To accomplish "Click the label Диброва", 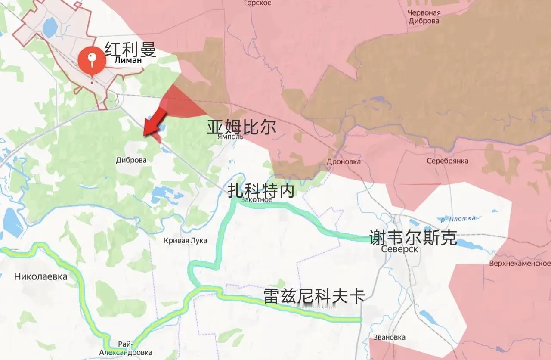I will (x=131, y=160).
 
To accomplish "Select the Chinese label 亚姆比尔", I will (x=241, y=127).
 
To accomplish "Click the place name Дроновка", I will (x=344, y=162).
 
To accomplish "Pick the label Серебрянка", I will (x=447, y=161).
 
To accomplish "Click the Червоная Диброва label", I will (x=424, y=17).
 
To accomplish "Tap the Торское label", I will (x=257, y=3).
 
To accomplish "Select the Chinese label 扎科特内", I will (x=261, y=189).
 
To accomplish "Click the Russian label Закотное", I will (x=257, y=199).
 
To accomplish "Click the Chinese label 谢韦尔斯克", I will (x=413, y=237).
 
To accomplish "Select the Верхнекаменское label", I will (x=520, y=263).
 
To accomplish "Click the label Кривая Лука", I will (x=186, y=241).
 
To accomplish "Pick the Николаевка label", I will (x=41, y=276).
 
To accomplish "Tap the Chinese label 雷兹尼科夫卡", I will (x=314, y=296).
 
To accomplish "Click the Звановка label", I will (x=390, y=337).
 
